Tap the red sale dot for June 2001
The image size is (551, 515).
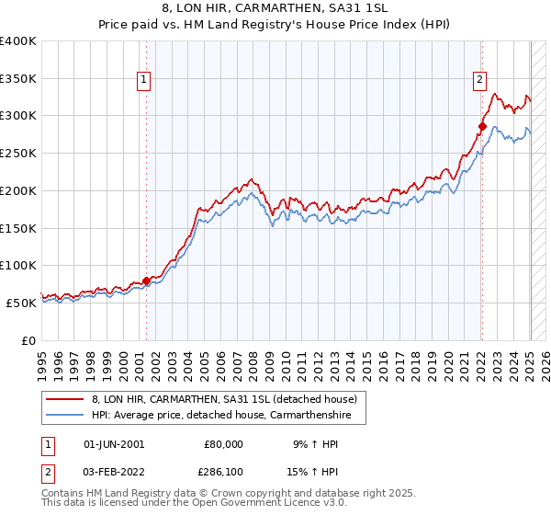(x=146, y=280)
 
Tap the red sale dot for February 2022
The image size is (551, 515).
(x=482, y=125)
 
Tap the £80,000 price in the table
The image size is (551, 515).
(x=224, y=444)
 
